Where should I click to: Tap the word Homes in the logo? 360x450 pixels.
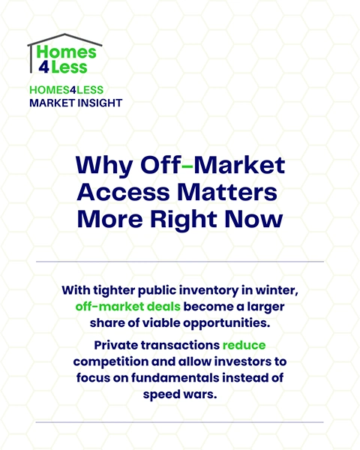(x=71, y=52)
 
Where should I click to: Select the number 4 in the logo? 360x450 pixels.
(x=43, y=68)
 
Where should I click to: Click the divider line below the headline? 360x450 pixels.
(x=180, y=262)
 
